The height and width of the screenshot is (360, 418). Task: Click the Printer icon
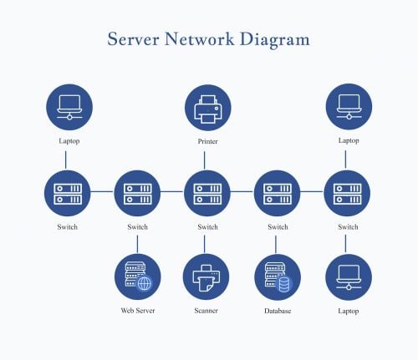point(207,108)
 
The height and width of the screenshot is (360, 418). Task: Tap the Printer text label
point(207,141)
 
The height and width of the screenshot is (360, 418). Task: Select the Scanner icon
point(207,277)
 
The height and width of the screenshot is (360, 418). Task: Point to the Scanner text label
point(207,311)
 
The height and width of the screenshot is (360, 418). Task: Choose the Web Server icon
point(137,277)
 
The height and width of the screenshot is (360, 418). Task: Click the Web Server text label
point(137,311)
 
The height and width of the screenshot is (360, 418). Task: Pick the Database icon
point(278,277)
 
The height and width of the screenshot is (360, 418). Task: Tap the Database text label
point(278,311)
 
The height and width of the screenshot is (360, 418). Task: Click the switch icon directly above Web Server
point(137,194)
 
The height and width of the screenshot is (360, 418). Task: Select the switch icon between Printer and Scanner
point(207,194)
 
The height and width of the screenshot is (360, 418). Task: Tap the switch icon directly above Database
point(278,194)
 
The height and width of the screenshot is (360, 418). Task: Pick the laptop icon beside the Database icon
point(348,277)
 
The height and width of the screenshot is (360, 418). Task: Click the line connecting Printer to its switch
point(207,159)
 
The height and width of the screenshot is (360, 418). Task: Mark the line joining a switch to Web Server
point(137,243)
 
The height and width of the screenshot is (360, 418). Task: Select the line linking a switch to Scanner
point(207,243)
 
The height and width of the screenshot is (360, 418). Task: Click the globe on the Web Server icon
point(145,284)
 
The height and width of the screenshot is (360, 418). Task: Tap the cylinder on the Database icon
point(284,284)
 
